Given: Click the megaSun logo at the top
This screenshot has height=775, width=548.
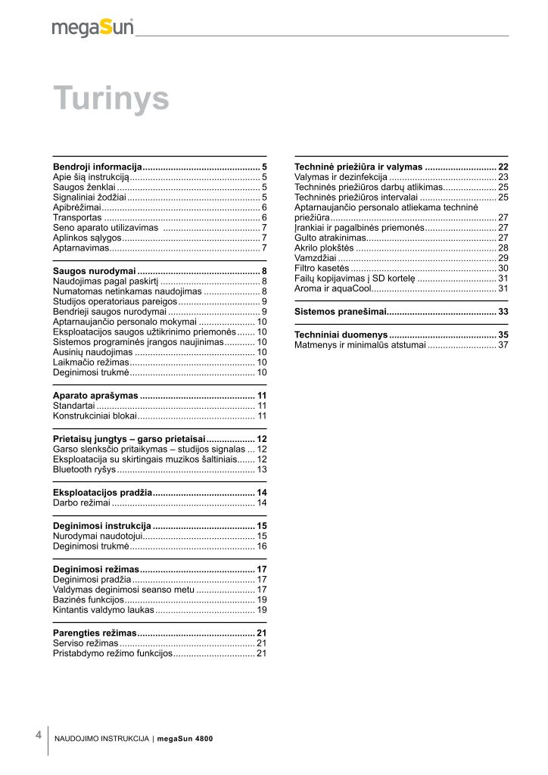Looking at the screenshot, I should pyautogui.click(x=92, y=28).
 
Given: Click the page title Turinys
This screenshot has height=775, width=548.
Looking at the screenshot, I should pyautogui.click(x=111, y=98).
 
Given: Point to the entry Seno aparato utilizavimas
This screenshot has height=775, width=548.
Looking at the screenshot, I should pyautogui.click(x=105, y=228).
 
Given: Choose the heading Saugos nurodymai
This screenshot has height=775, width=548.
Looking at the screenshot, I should pyautogui.click(x=94, y=271).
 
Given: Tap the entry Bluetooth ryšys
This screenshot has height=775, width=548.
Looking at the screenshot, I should pyautogui.click(x=84, y=469).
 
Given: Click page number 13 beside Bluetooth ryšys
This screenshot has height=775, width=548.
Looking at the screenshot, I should pyautogui.click(x=262, y=469).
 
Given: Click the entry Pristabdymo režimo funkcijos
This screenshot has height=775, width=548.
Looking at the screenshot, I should pyautogui.click(x=113, y=652).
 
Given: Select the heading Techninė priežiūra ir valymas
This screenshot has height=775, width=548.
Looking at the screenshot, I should pyautogui.click(x=358, y=166).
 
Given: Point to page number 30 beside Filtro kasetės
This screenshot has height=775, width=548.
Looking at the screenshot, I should pyautogui.click(x=503, y=268).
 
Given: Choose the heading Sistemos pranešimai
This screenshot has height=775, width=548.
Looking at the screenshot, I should pyautogui.click(x=341, y=311).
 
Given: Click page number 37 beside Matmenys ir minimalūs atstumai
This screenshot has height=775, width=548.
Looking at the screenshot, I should pyautogui.click(x=503, y=345).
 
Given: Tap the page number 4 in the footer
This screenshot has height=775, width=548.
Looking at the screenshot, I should pyautogui.click(x=38, y=735).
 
